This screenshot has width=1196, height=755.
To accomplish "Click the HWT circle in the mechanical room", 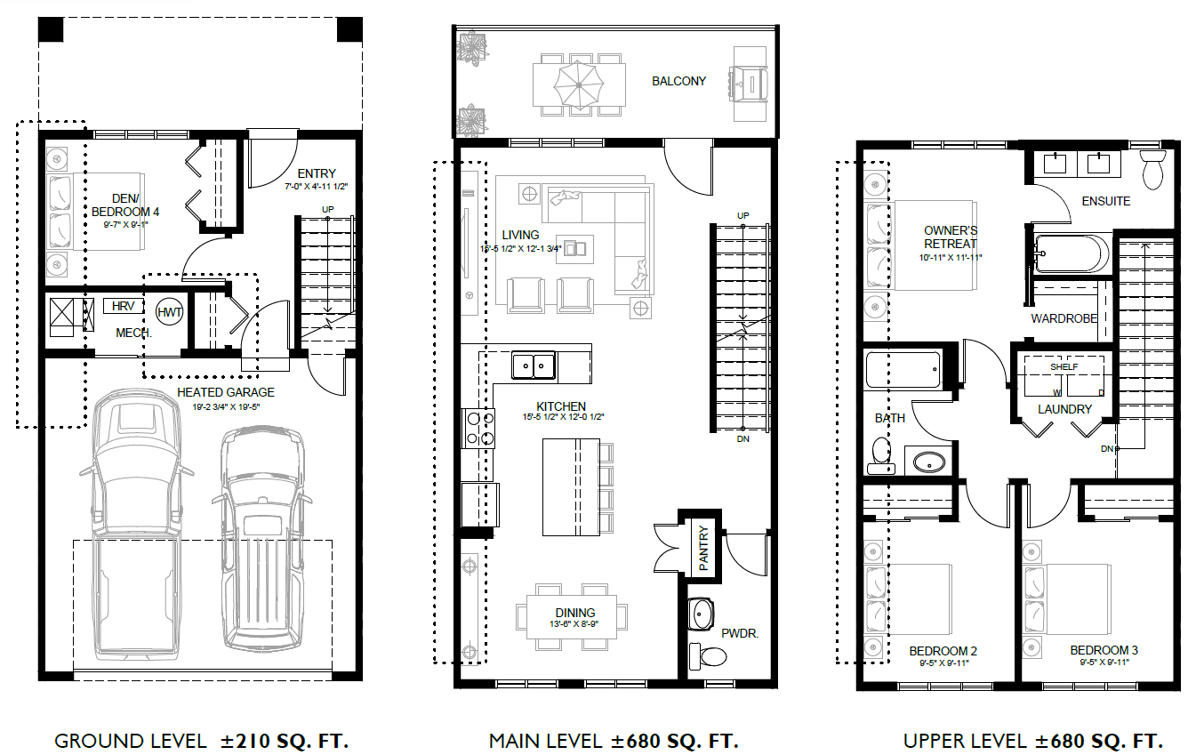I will (170, 312).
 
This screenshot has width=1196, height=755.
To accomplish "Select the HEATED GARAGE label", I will (225, 392).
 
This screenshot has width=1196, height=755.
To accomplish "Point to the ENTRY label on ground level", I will (317, 173).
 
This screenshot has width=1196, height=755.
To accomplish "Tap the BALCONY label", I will (678, 81).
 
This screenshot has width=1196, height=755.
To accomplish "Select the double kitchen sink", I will (534, 365).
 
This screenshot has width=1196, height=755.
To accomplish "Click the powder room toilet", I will (711, 656).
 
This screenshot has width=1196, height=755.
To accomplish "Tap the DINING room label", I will (574, 613).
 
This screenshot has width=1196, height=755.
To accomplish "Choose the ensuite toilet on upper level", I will (1152, 169).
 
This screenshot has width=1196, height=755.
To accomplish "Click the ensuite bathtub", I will (1072, 253).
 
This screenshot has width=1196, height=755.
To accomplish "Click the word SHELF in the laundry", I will (1064, 366).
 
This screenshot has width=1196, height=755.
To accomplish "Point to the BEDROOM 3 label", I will (1104, 650).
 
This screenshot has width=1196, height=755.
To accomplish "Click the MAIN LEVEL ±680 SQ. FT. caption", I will (614, 741).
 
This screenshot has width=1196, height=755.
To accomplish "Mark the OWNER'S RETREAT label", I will (950, 237).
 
